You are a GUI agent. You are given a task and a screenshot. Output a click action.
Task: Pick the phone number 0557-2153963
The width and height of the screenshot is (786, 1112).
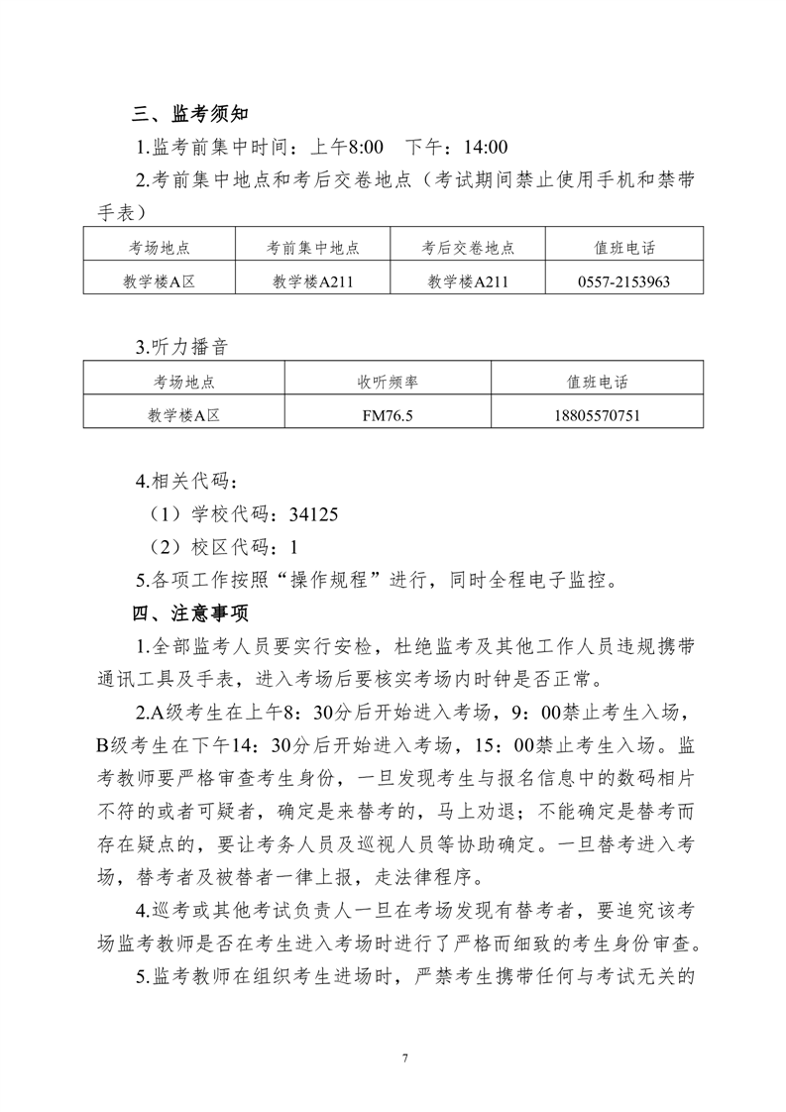[623, 281]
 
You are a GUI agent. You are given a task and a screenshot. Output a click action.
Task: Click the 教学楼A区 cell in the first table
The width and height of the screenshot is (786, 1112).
[159, 281]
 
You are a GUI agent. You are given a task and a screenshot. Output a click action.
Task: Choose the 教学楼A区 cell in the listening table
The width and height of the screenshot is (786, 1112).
[182, 416]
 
